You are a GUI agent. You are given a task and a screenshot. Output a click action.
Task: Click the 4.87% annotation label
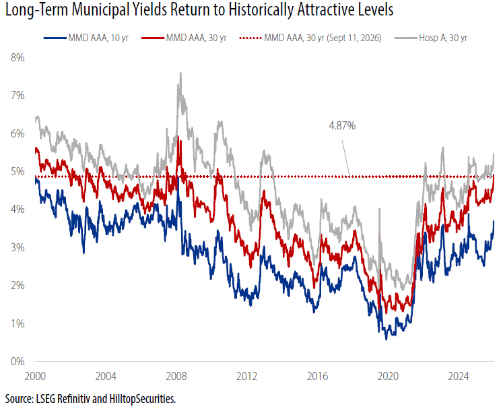click(342, 125)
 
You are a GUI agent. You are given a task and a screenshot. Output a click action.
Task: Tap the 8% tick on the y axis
click(18, 58)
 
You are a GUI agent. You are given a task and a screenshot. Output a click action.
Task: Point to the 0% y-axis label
click(18, 361)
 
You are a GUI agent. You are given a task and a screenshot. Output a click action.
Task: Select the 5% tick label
click(18, 172)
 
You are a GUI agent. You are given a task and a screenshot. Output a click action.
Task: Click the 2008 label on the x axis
click(176, 376)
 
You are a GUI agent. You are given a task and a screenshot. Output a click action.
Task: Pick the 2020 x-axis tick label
click(388, 376)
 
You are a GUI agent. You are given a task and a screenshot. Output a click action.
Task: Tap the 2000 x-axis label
click(35, 376)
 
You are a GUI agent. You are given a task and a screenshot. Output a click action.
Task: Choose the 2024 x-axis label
click(459, 376)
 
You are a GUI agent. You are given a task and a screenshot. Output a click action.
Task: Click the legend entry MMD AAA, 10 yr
click(86, 38)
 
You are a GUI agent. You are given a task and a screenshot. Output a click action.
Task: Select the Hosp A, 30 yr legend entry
click(431, 38)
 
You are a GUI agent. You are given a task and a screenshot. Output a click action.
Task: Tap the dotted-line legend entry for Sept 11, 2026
click(310, 38)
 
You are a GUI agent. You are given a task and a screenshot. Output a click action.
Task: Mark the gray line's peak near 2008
click(180, 73)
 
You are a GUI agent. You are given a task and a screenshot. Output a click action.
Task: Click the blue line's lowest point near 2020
click(387, 340)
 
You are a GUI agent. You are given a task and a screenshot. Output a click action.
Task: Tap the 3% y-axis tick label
click(18, 247)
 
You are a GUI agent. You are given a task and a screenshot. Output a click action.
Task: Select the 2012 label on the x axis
click(246, 376)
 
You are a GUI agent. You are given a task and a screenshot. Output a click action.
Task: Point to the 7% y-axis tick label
click(18, 96)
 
